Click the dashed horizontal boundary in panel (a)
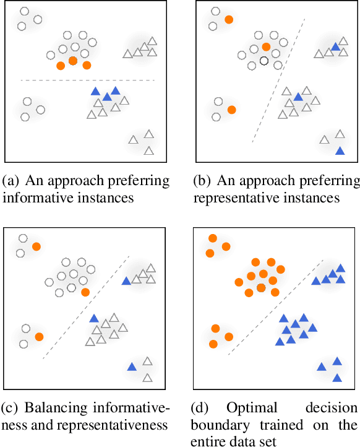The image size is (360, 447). coord(87,80)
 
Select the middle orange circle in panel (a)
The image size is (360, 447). coord(73,61)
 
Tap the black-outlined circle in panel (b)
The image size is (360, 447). coord(264,61)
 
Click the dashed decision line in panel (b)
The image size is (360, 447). coord(278,80)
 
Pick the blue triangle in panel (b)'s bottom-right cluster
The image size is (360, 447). coord(340,150)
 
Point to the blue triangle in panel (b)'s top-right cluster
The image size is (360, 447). coord(335,46)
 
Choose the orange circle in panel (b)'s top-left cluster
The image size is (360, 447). coord(229,20)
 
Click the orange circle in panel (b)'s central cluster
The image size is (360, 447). coord(266,46)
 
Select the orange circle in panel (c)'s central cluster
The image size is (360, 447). coord(85,292)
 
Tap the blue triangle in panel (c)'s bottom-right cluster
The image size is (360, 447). coord(132,367)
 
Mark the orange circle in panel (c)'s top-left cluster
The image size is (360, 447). coord(36,246)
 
